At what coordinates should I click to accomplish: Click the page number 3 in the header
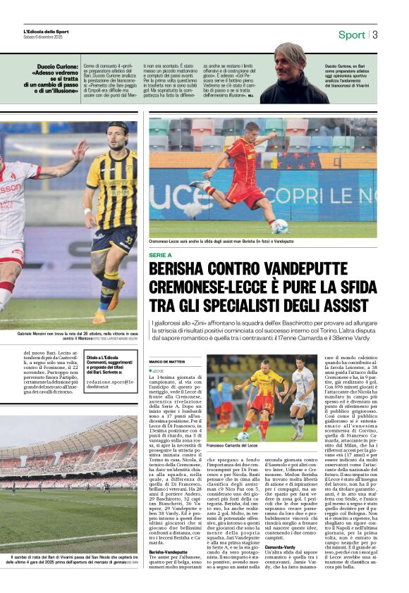pos(375,35)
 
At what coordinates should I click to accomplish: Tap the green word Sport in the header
pos(352,35)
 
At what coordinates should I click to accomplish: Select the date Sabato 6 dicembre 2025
pos(44,37)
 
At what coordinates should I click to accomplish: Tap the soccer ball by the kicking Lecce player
pos(280,226)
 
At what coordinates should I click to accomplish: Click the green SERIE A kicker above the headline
pos(160,255)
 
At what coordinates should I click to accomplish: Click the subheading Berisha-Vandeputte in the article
pos(168,552)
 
